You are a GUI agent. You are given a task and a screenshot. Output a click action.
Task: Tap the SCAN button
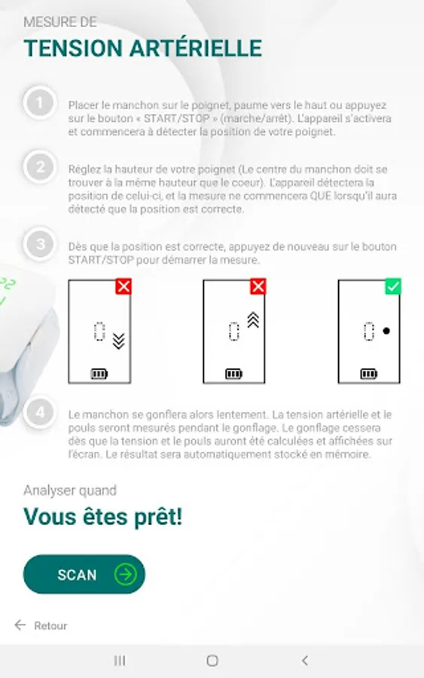pyautogui.click(x=84, y=574)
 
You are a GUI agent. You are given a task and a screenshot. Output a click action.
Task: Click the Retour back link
pyautogui.click(x=41, y=625)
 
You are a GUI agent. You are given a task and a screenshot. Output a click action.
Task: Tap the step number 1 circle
pyautogui.click(x=40, y=103)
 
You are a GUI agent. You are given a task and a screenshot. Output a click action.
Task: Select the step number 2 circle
pyautogui.click(x=40, y=167)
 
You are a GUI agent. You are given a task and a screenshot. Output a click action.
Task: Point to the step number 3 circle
pyautogui.click(x=40, y=244)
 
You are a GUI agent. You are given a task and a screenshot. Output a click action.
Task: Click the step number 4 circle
pyautogui.click(x=40, y=412)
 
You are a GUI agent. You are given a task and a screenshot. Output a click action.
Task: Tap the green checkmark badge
pyautogui.click(x=393, y=286)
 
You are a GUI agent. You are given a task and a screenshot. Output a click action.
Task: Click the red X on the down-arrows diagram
pyautogui.click(x=124, y=286)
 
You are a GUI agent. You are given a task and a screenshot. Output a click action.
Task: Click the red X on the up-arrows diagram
pyautogui.click(x=258, y=286)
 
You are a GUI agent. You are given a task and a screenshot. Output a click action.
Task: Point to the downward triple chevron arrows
pyautogui.click(x=118, y=341)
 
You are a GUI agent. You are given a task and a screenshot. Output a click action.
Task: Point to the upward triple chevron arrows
pyautogui.click(x=253, y=320)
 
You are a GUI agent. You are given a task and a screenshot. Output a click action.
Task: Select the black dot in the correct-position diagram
pyautogui.click(x=386, y=331)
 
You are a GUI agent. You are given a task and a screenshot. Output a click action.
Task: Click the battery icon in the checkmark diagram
pyautogui.click(x=369, y=374)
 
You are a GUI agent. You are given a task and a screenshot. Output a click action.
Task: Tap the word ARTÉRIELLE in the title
pyautogui.click(x=196, y=48)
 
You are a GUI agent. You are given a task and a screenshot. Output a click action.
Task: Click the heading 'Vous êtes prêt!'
pyautogui.click(x=103, y=517)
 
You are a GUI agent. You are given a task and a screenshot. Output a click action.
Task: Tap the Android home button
pyautogui.click(x=212, y=660)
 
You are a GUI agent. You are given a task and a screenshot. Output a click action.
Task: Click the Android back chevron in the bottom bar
pyautogui.click(x=305, y=660)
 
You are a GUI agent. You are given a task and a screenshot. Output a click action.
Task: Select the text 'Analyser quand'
pyautogui.click(x=70, y=490)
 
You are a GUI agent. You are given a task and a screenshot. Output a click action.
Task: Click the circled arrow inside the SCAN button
pyautogui.click(x=125, y=574)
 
